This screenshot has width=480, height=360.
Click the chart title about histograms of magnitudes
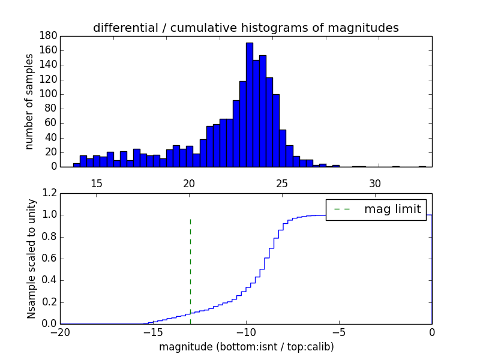tap(245, 28)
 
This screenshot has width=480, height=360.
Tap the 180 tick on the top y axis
tap(49, 36)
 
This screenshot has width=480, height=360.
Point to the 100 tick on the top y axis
tap(49, 94)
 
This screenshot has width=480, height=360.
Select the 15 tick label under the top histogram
tap(97, 183)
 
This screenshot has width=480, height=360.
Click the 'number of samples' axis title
tap(29, 101)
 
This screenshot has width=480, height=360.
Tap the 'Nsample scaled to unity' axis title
tap(31, 259)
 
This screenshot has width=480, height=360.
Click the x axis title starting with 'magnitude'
tap(246, 347)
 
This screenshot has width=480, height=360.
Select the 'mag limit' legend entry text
tap(393, 209)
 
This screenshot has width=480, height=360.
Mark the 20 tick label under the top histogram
tap(190, 183)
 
